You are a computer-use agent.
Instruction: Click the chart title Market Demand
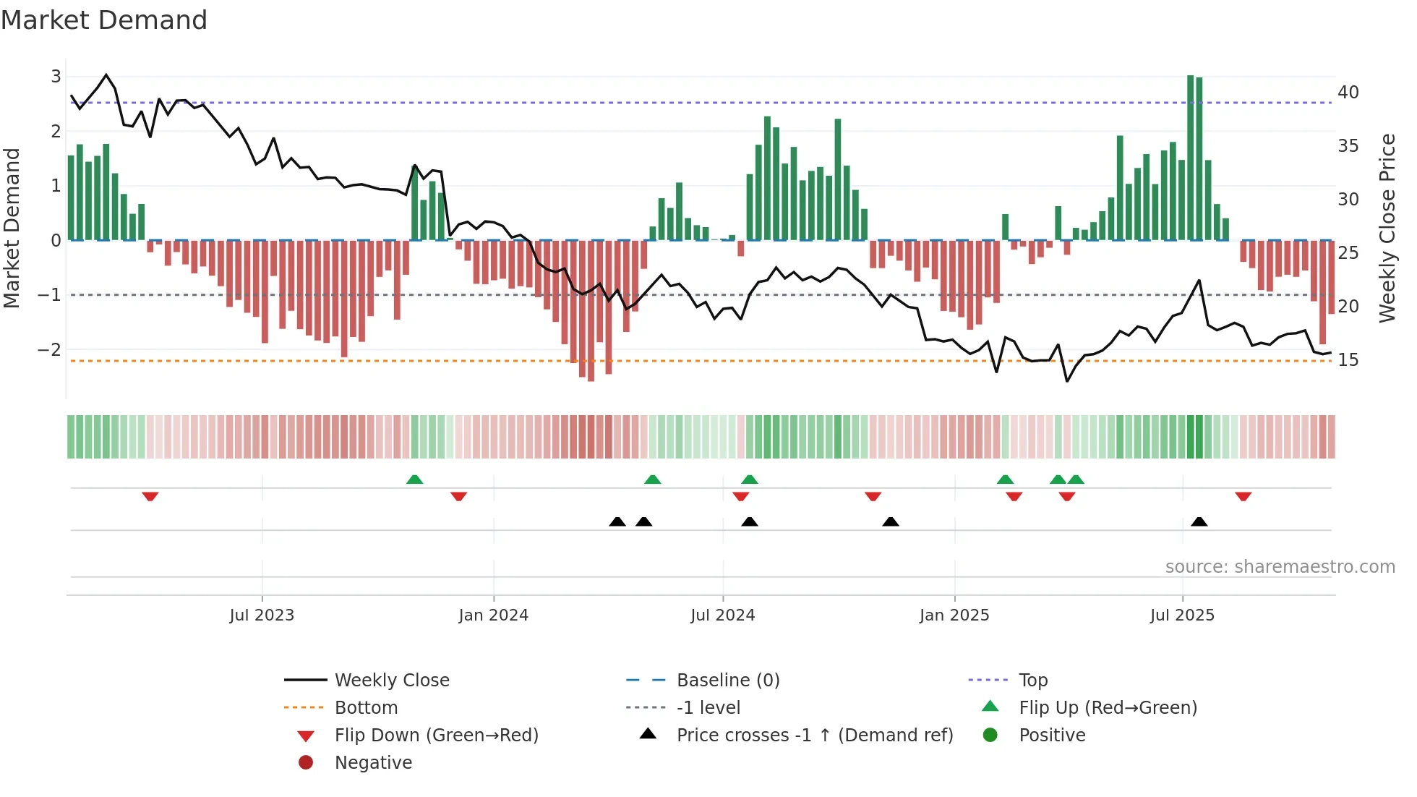point(104,20)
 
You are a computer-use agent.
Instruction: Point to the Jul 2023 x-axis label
point(262,615)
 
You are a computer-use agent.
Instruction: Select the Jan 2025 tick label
point(954,615)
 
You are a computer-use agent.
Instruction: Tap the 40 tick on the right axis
point(1348,93)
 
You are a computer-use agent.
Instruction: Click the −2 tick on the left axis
point(49,350)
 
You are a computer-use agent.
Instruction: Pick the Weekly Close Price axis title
point(1387,228)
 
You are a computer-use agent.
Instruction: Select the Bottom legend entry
point(366,708)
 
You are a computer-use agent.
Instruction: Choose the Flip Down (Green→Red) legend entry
point(436,736)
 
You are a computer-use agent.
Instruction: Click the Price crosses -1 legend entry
point(815,736)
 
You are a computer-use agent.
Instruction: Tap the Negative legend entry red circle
point(306,763)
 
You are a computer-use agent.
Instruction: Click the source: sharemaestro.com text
point(1280,567)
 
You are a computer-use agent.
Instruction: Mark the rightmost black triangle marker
point(1199,522)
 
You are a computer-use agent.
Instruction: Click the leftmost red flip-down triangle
point(150,496)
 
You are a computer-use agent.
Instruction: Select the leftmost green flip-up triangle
point(414,480)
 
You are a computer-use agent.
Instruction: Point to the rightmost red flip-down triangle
point(1243,496)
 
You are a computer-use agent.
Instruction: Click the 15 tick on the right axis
point(1348,360)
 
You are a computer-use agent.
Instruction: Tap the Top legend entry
point(1033,681)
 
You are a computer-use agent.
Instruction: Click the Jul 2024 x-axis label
point(723,615)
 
